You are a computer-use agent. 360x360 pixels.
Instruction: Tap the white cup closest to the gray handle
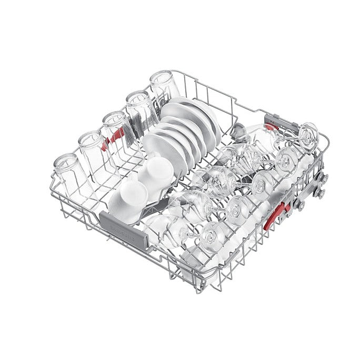(129, 191)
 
